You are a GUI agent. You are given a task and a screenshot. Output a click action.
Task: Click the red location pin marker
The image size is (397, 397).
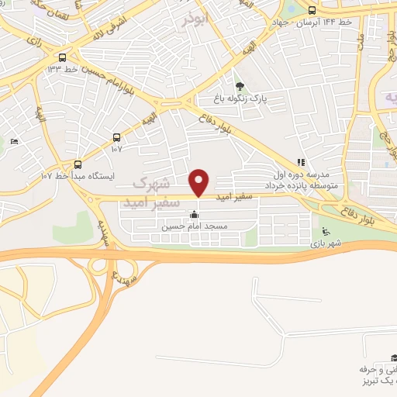click(x=199, y=182)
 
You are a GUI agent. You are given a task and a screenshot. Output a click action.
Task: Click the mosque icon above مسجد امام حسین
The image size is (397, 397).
click(x=193, y=215)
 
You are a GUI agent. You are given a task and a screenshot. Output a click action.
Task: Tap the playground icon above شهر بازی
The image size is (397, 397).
click(x=326, y=231)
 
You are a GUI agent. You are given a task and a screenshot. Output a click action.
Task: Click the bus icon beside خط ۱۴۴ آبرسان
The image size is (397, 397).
click(x=312, y=11)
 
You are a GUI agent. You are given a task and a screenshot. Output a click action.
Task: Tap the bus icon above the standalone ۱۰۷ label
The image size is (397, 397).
click(x=117, y=136)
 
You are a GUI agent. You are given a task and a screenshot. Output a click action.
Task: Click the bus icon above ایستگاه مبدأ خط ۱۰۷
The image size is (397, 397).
click(x=78, y=164)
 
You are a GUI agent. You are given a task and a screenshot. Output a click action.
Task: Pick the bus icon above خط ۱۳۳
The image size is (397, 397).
click(x=63, y=57)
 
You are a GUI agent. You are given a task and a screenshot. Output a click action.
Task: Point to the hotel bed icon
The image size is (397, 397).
click(x=13, y=142)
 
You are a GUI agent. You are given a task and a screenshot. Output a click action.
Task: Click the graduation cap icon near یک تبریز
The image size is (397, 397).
click(x=393, y=359)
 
